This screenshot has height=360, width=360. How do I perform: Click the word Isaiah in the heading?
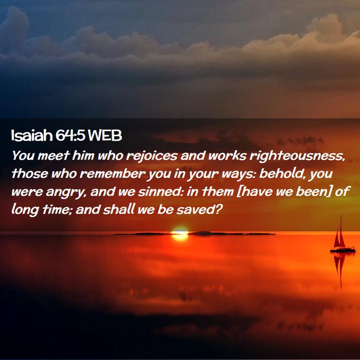32,135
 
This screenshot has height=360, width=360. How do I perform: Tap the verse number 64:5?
70,135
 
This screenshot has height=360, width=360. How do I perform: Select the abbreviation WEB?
105,135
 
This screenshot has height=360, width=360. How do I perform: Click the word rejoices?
152,156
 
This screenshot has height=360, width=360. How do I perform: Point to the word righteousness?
298,156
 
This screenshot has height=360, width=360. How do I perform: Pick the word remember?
112,174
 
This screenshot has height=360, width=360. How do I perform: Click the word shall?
118,209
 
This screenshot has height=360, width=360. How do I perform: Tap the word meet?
53,156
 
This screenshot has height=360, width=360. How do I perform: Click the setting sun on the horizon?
180,233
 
